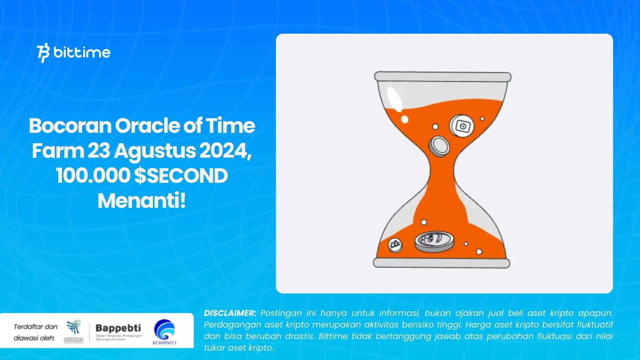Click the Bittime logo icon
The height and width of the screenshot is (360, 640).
click(x=43, y=53)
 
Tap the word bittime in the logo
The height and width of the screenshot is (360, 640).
click(x=82, y=52)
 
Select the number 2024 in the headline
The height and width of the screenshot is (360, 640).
click(x=224, y=151)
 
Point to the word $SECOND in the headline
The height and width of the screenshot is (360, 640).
click(x=181, y=176)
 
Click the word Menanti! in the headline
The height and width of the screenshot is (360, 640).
click(x=142, y=201)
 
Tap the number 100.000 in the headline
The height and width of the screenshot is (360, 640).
click(x=93, y=176)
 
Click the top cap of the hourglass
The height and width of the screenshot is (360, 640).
click(x=442, y=77)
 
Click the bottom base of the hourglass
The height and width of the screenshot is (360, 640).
click(x=442, y=263)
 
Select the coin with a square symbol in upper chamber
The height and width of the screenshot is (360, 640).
click(x=462, y=126)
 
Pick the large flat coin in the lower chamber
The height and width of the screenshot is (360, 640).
click(x=434, y=242)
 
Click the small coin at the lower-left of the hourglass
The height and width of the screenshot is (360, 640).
click(x=395, y=245)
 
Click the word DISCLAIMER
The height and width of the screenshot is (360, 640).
click(x=230, y=313)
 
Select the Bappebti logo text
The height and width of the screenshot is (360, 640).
click(x=118, y=328)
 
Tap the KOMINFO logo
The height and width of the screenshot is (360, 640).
click(x=164, y=332)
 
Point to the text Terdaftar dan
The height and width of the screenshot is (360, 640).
click(x=36, y=327)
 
